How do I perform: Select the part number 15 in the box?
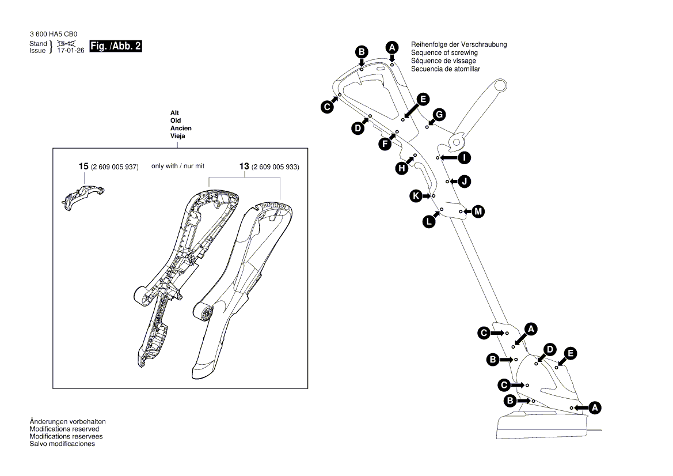(83, 167)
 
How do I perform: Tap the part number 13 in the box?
(244, 167)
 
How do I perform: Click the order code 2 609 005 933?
(275, 167)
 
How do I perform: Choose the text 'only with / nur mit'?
(178, 166)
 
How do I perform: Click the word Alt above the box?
(175, 112)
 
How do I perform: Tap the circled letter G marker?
(439, 115)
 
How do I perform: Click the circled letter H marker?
(401, 168)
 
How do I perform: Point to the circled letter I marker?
(464, 157)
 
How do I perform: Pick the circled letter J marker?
(465, 182)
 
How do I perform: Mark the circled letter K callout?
(416, 196)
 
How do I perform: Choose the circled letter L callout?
(429, 221)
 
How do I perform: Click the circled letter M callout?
(478, 212)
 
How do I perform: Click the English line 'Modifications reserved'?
(64, 429)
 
